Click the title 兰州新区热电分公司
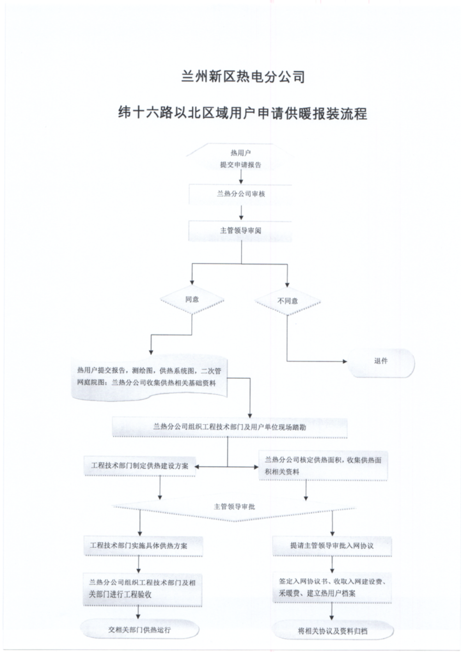pyautogui.click(x=243, y=76)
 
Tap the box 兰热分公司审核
pyautogui.click(x=241, y=194)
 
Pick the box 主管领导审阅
pyautogui.click(x=241, y=231)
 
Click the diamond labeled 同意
pyautogui.click(x=192, y=300)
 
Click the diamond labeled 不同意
pyautogui.click(x=287, y=301)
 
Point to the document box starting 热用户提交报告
pyautogui.click(x=149, y=377)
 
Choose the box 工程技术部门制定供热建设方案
pyautogui.click(x=140, y=466)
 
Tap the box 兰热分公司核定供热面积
pyautogui.click(x=323, y=466)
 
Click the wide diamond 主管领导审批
pyautogui.click(x=234, y=507)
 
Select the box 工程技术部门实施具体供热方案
pyautogui.click(x=142, y=546)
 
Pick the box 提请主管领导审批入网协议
pyautogui.click(x=332, y=546)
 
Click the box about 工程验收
pyautogui.click(x=142, y=589)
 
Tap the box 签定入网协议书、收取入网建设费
pyautogui.click(x=332, y=588)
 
